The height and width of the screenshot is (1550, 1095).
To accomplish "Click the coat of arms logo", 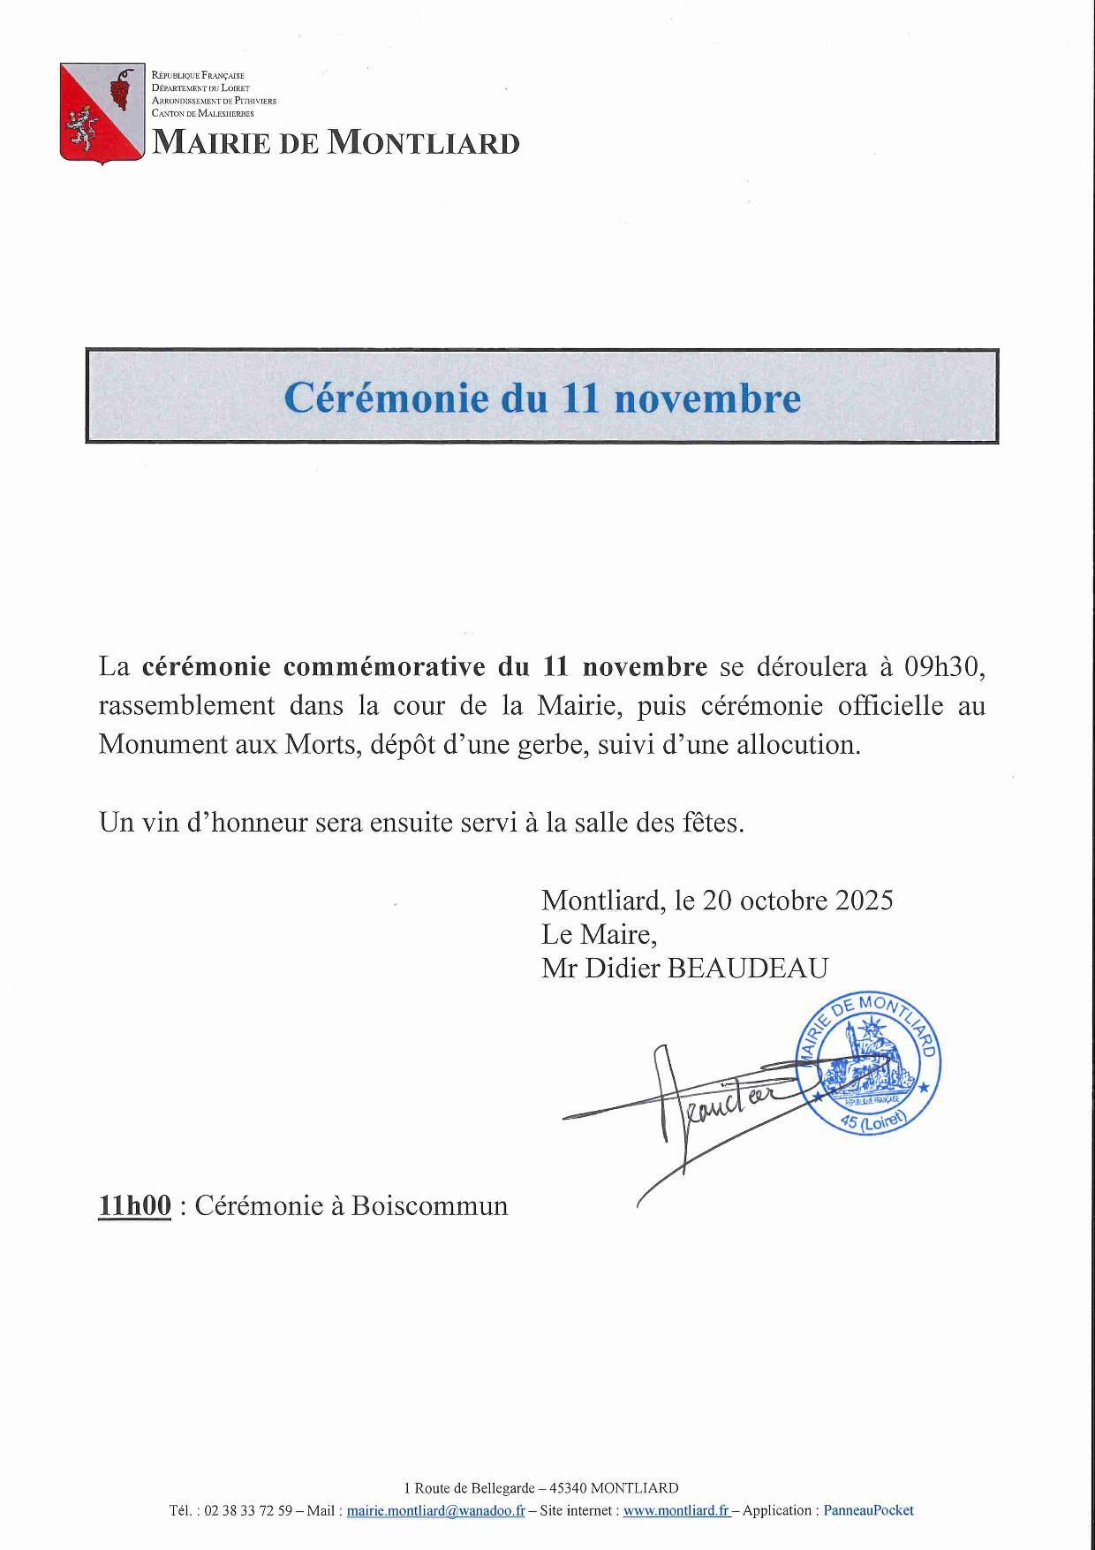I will (x=102, y=113).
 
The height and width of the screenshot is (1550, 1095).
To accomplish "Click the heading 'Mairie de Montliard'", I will (x=336, y=142).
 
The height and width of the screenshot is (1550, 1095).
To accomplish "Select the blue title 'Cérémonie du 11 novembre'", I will (x=542, y=398).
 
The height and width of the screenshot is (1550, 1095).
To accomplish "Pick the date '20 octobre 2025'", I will (x=797, y=900).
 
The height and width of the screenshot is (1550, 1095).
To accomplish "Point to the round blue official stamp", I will (x=867, y=1065).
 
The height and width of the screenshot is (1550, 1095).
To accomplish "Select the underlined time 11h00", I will (x=135, y=1205).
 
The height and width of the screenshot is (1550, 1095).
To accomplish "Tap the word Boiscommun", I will (x=429, y=1205).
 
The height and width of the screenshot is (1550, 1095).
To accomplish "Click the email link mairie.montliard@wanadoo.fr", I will (x=435, y=1510).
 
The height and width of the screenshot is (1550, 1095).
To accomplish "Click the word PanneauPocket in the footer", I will (x=868, y=1510).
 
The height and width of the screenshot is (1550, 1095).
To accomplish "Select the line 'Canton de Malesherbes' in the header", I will (x=203, y=114).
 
